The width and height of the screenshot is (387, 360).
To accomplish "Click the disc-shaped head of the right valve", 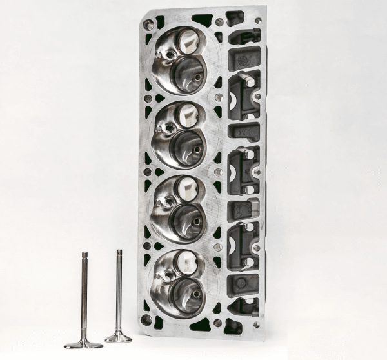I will click(x=119, y=337).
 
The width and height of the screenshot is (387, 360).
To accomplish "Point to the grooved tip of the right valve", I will click(x=119, y=252).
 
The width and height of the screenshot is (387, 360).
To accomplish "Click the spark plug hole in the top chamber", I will click(x=170, y=55).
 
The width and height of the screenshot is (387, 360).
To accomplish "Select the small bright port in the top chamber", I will click(x=188, y=42).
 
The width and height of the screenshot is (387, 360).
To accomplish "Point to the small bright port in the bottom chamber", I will click(x=187, y=261).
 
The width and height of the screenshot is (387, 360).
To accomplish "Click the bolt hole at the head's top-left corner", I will click(x=150, y=25).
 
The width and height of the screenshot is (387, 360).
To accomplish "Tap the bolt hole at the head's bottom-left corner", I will click(x=147, y=319).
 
